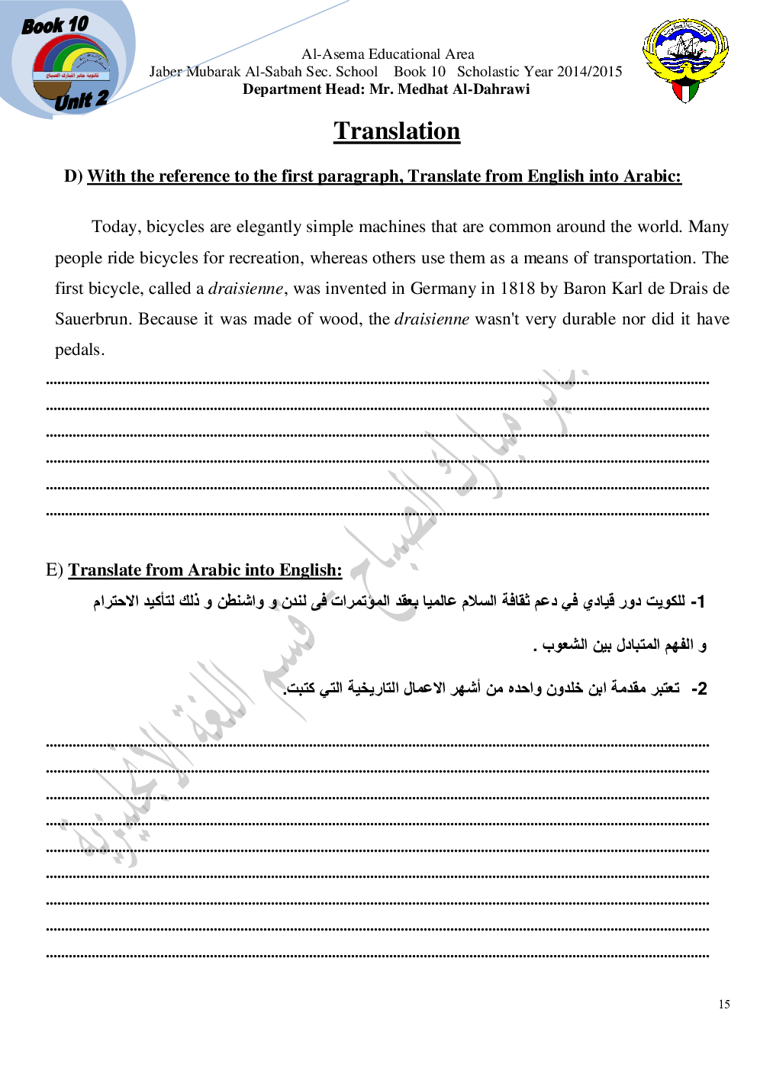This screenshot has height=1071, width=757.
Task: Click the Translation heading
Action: click(397, 131)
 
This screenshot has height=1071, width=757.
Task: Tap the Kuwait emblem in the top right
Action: click(685, 60)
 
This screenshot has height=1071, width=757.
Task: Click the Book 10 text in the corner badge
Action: click(55, 26)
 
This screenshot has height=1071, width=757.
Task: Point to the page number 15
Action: click(724, 1005)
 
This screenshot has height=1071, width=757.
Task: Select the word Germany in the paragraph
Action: click(443, 289)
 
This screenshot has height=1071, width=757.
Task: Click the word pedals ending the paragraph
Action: click(79, 350)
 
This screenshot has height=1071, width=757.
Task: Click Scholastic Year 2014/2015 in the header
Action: click(540, 72)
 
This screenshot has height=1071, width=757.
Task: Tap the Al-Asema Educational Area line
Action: click(388, 54)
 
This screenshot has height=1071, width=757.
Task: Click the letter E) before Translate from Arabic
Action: click(54, 570)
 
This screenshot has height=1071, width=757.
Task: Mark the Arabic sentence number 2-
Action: click(699, 689)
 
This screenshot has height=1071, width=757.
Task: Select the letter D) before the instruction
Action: click(73, 176)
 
